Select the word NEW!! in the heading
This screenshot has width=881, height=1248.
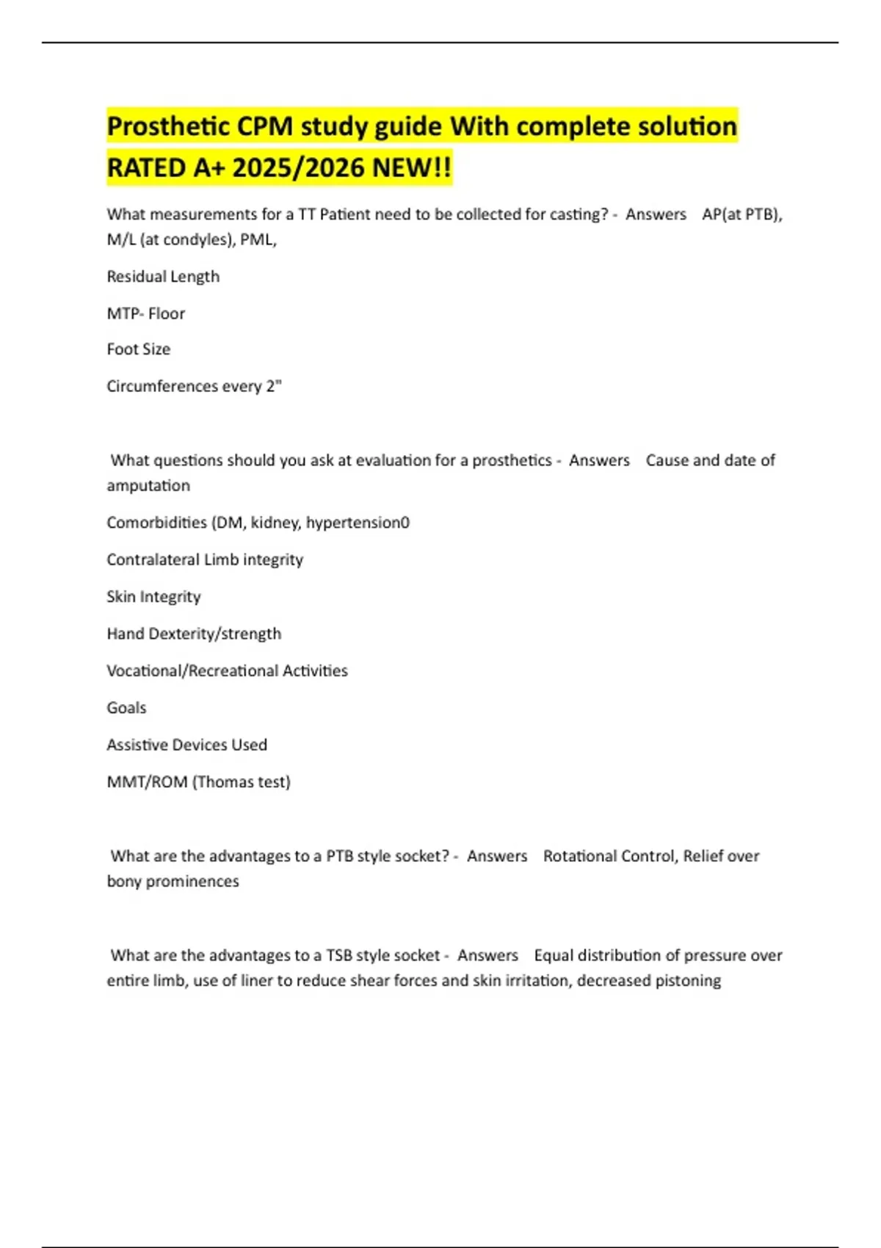click(412, 168)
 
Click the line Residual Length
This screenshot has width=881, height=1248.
click(163, 277)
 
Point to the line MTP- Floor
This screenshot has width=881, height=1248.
click(145, 313)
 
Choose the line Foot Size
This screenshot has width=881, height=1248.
click(138, 349)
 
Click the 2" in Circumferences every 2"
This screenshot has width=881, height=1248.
click(274, 386)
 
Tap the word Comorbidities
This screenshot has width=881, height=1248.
click(156, 523)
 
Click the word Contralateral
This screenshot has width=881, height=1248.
click(153, 559)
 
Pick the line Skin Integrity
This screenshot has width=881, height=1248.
click(153, 597)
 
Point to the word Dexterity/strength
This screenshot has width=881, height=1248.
click(214, 634)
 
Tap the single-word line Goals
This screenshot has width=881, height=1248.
click(126, 708)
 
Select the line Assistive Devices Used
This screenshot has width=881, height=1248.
click(186, 745)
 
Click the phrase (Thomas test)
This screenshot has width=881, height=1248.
click(242, 782)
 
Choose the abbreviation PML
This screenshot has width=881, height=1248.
click(257, 240)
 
